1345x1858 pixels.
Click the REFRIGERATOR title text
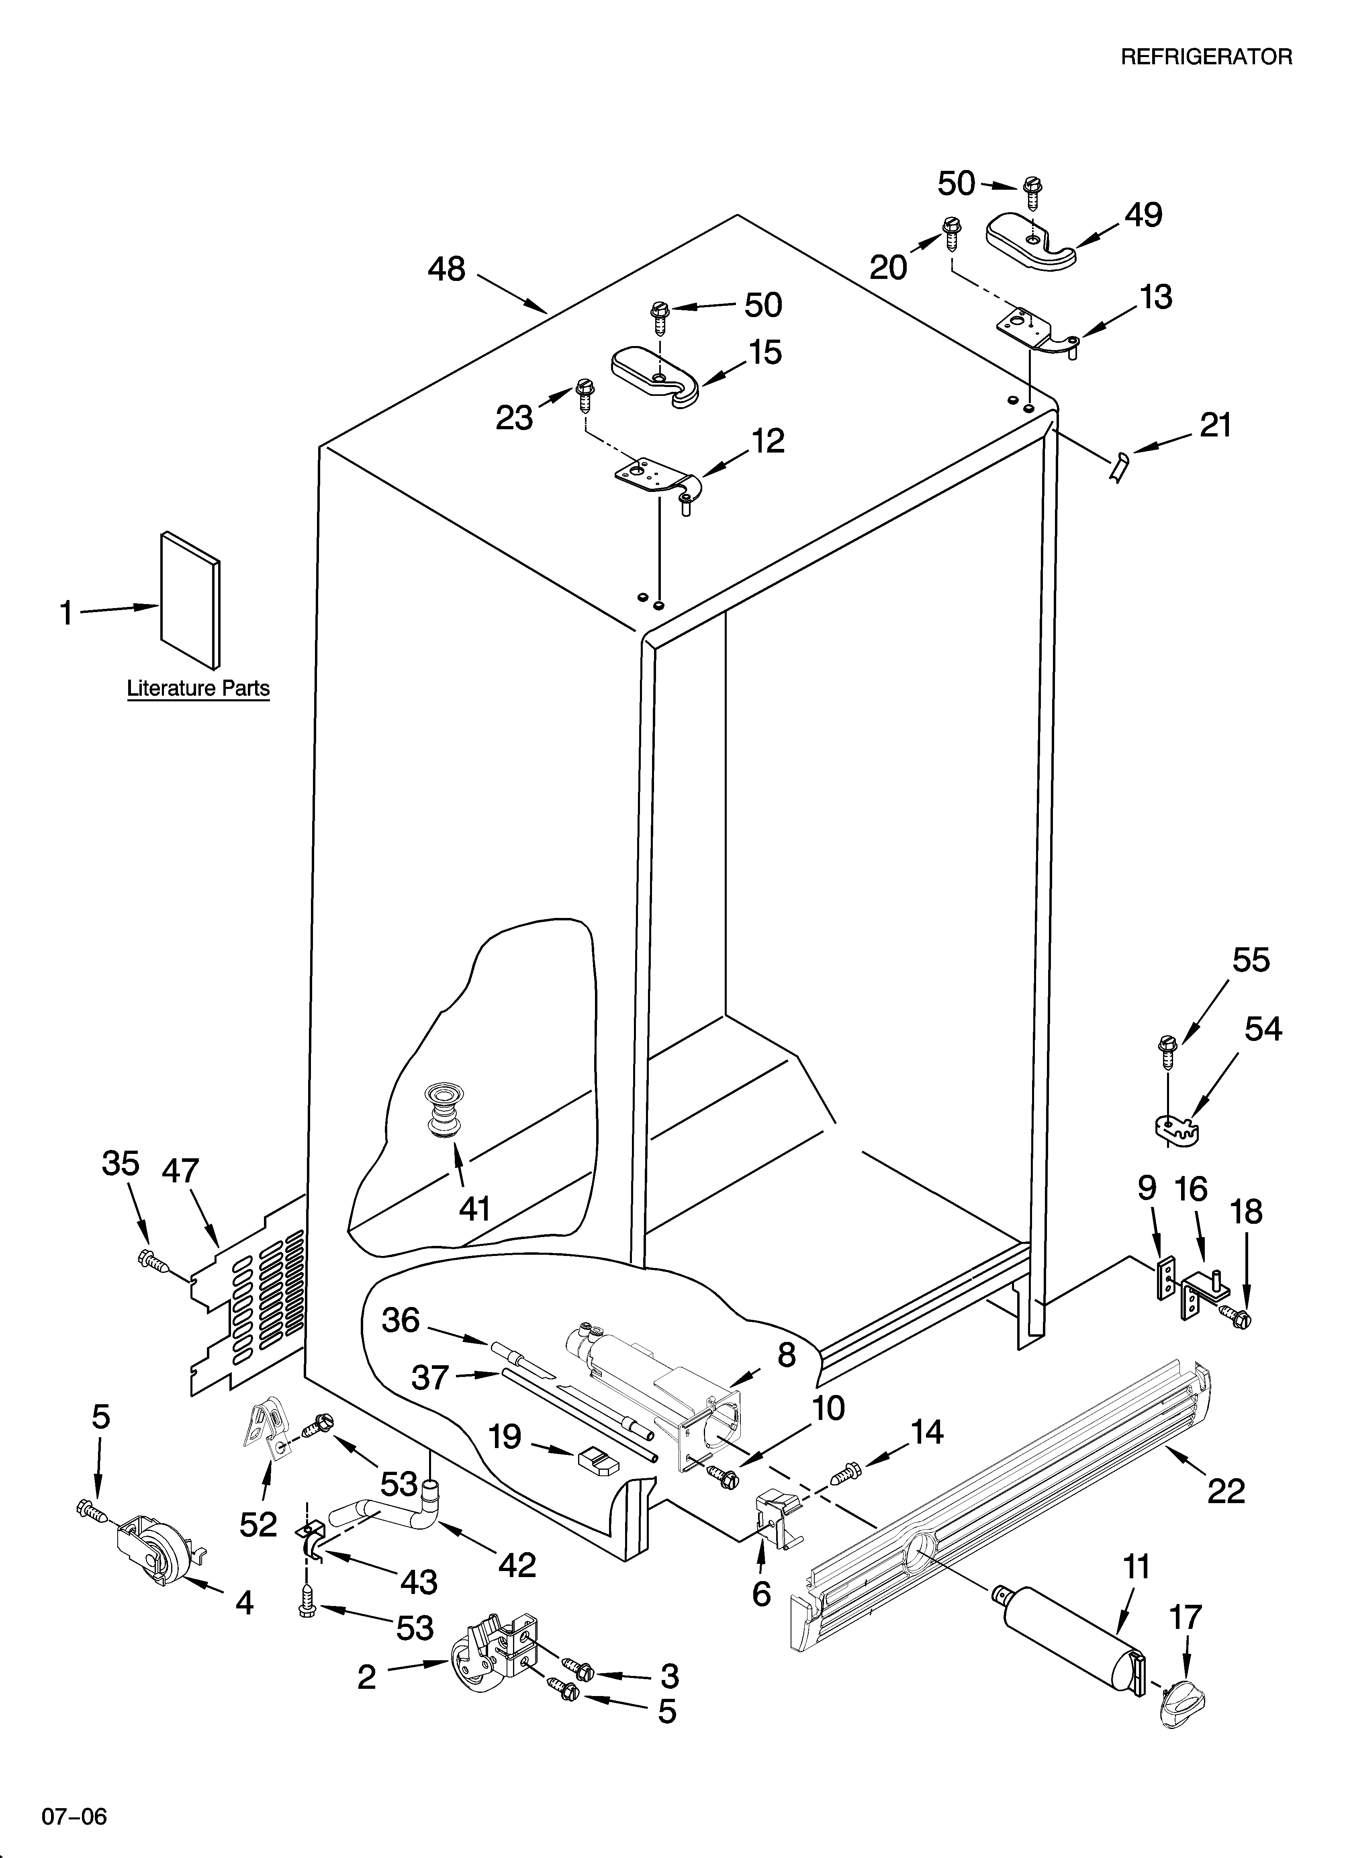(1206, 57)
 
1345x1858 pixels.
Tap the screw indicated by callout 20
(952, 234)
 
